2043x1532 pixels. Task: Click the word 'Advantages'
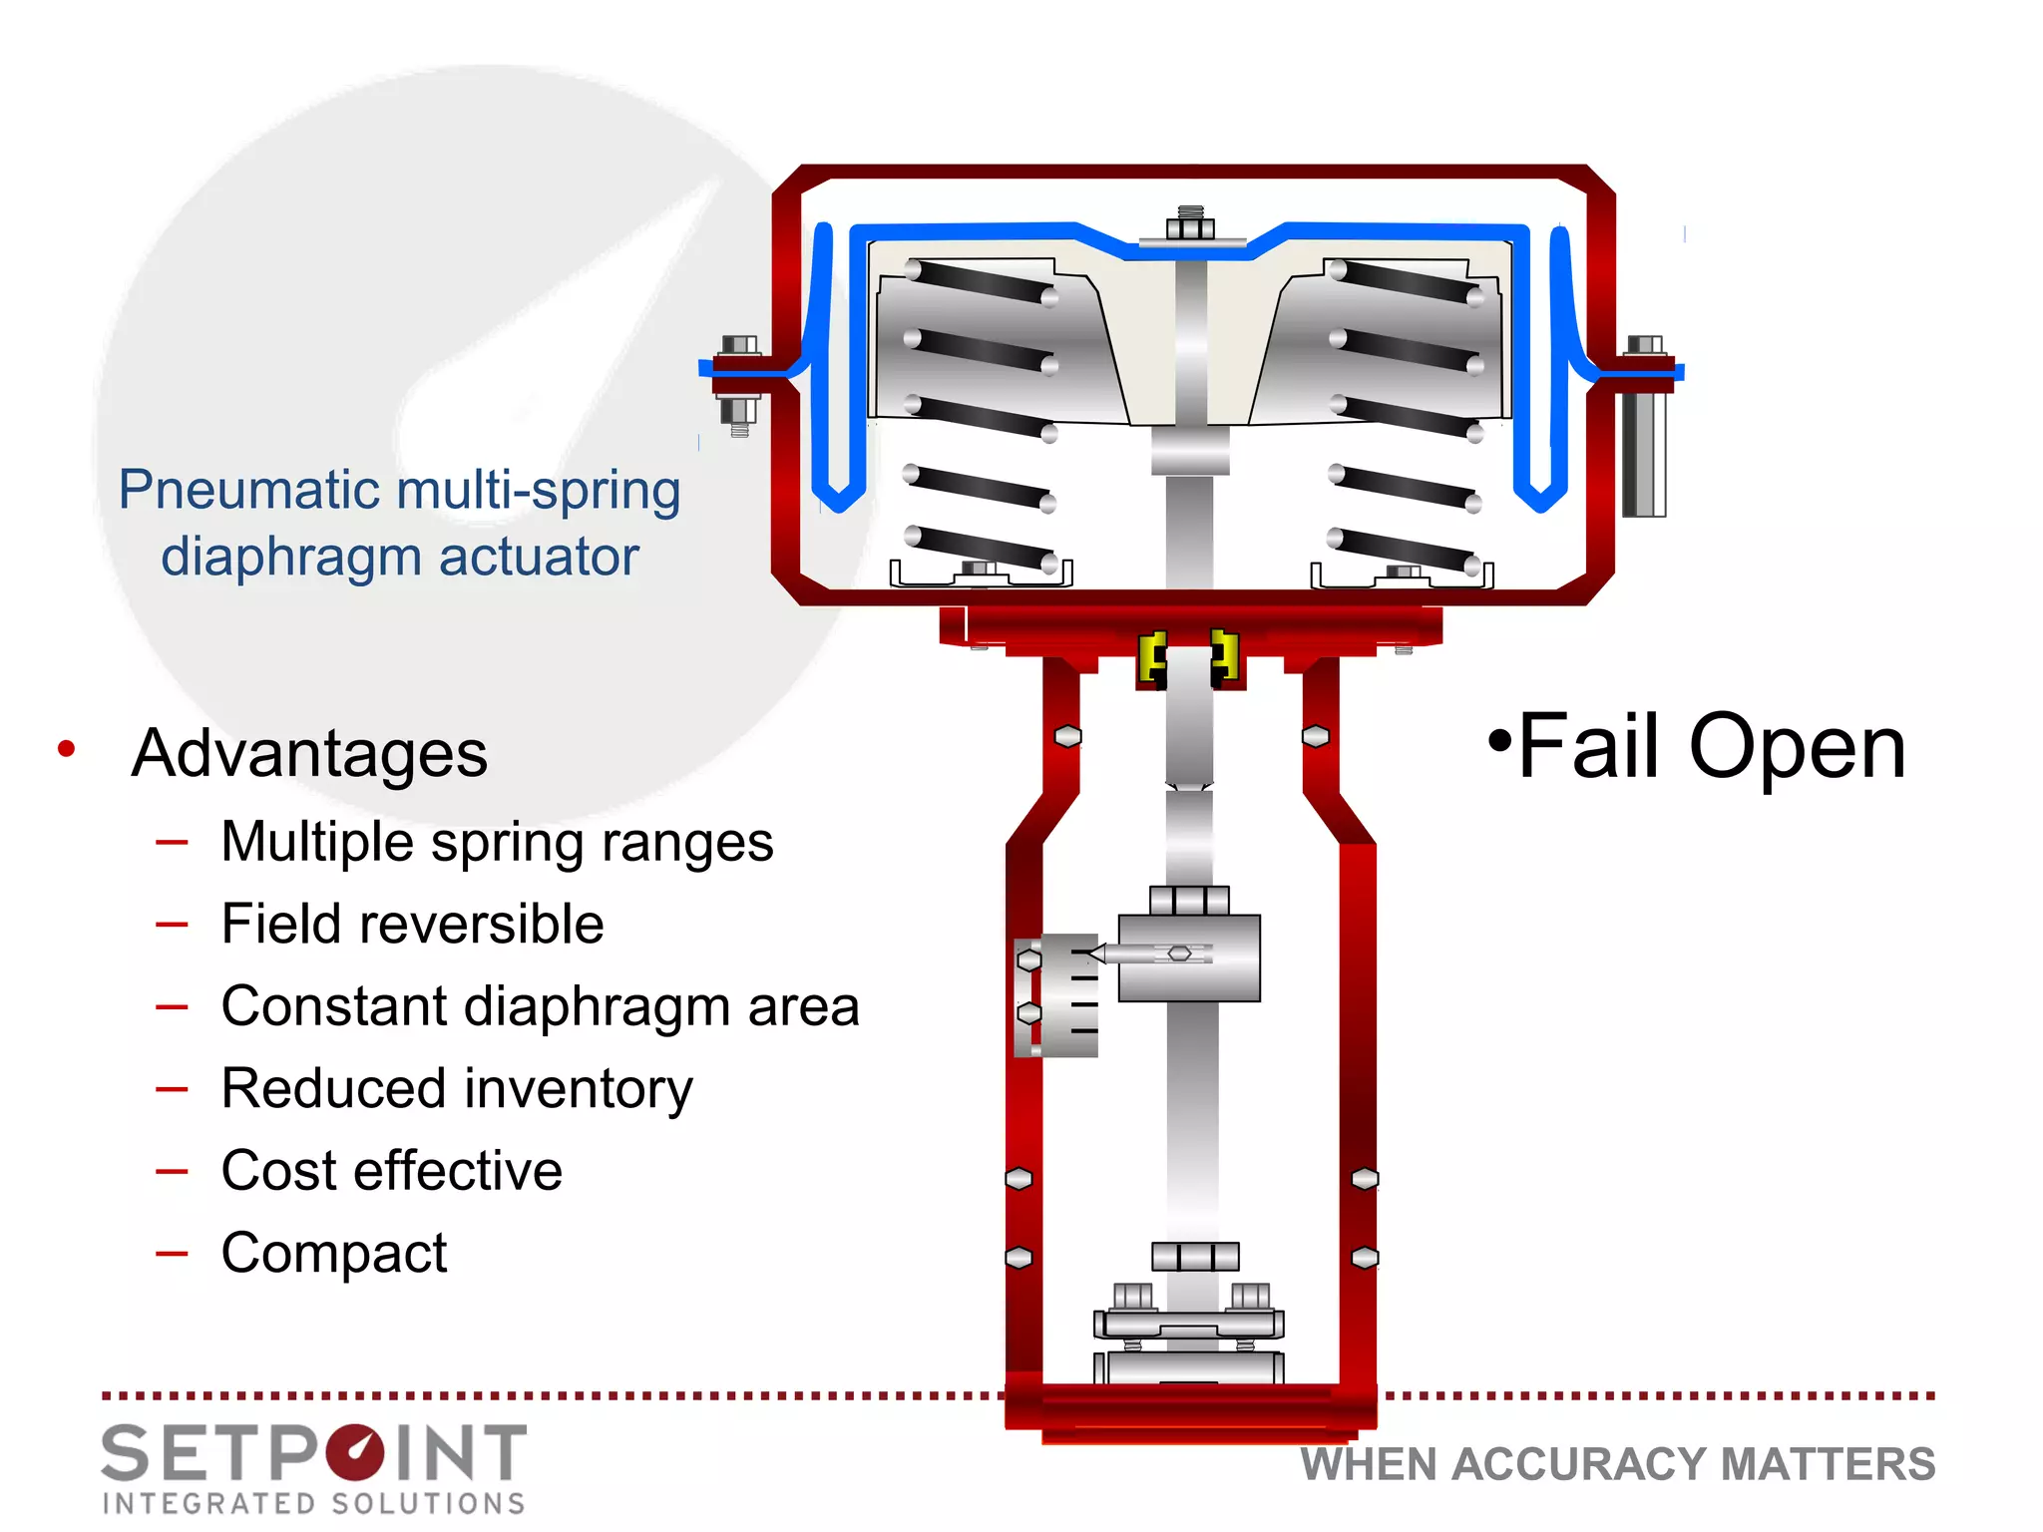tap(309, 753)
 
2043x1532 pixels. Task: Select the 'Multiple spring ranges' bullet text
tap(497, 842)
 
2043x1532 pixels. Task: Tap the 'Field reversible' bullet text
tap(412, 924)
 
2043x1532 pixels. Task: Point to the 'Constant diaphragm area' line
tap(540, 1005)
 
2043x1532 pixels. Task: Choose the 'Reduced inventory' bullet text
tap(457, 1088)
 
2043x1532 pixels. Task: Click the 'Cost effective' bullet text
tap(391, 1170)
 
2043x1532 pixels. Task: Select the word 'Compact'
tap(334, 1253)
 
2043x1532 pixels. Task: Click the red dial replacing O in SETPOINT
tap(355, 1453)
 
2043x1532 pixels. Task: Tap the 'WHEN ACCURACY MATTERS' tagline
tap(1617, 1464)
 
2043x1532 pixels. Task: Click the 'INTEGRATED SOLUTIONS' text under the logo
tap(314, 1503)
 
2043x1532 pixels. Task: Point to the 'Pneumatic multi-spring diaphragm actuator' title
tap(399, 523)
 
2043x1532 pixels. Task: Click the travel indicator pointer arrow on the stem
tap(1097, 954)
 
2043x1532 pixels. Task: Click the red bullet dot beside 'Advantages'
tap(67, 748)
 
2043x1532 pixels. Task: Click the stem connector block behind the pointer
tap(1189, 957)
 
